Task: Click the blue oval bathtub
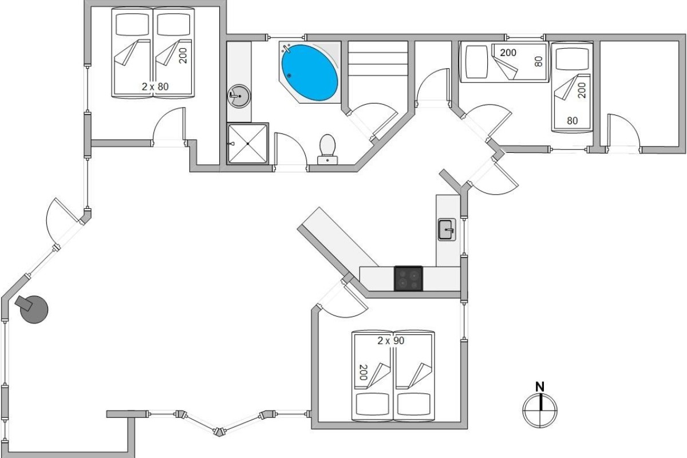(310, 73)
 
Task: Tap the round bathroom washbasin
(239, 96)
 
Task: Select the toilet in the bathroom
(327, 149)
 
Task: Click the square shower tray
(247, 144)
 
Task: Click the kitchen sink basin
(447, 230)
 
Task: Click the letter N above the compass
(540, 387)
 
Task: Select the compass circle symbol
(540, 410)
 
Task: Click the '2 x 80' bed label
(155, 87)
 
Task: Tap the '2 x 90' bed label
(390, 341)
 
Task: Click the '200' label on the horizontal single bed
(508, 53)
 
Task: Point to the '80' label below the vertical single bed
(572, 121)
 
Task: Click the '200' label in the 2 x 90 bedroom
(363, 373)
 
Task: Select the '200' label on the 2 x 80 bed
(183, 56)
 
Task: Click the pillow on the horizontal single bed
(476, 62)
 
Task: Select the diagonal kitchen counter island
(338, 241)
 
